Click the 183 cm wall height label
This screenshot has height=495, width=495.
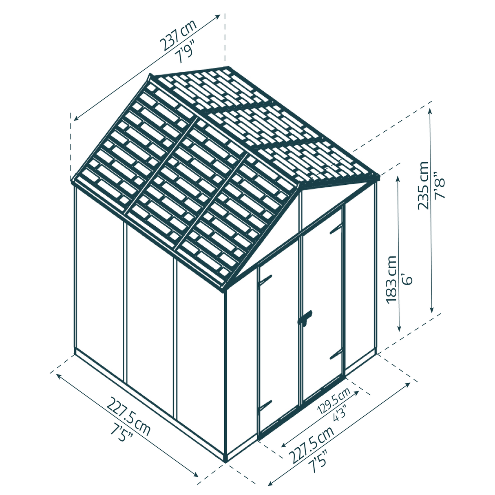(x=391, y=279)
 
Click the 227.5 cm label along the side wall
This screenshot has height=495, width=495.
(x=128, y=416)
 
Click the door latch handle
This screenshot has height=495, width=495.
(x=305, y=318)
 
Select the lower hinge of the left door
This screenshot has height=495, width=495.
(x=265, y=405)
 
